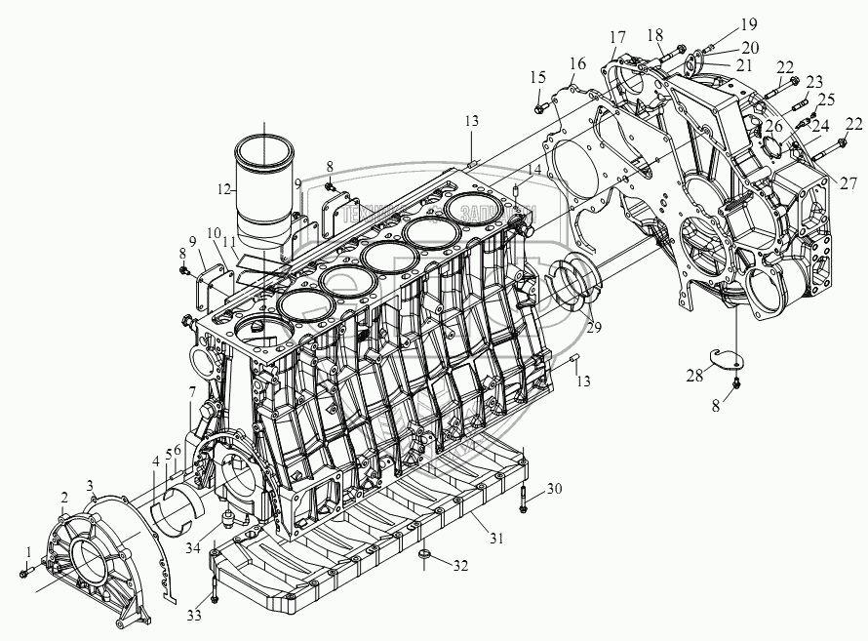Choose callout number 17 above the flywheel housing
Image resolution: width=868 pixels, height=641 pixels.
click(618, 37)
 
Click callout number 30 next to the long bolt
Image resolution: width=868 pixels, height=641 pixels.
click(555, 488)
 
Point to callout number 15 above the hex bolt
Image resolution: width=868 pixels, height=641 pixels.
click(538, 77)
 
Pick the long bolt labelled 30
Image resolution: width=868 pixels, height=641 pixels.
click(525, 501)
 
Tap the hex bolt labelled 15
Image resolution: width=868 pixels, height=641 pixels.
click(540, 98)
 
